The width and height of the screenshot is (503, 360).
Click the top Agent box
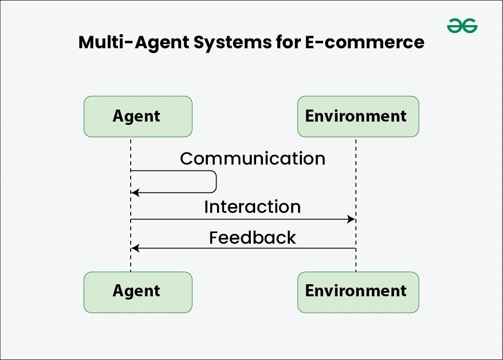[x=138, y=116]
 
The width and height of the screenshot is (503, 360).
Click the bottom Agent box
[x=138, y=292]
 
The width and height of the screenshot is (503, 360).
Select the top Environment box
[x=358, y=116]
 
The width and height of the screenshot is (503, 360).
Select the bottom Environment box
[x=358, y=292]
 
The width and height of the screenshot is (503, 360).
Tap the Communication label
[x=252, y=159]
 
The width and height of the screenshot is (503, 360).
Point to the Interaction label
[x=252, y=207]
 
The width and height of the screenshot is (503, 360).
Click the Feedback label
[x=252, y=238]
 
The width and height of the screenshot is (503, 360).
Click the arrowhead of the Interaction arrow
[x=352, y=220]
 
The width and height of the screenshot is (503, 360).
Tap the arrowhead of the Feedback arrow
[x=135, y=248]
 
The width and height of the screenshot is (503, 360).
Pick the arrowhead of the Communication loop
[x=135, y=193]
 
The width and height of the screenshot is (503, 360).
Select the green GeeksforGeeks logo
[x=462, y=26]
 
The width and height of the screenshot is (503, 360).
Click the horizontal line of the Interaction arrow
[x=241, y=220]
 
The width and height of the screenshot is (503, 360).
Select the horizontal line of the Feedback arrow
[x=241, y=248]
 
